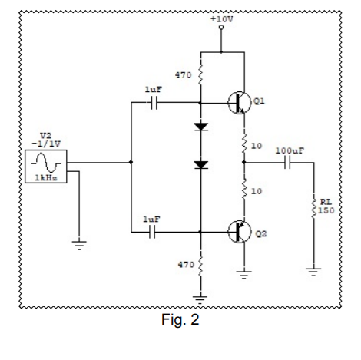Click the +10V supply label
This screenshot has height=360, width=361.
(x=221, y=17)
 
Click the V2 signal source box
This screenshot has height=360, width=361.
(x=45, y=163)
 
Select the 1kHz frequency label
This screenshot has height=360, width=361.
(x=45, y=179)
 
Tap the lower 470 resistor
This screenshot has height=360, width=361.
(x=200, y=265)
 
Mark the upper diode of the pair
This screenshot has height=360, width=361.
(x=200, y=127)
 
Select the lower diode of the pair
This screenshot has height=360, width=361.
(x=200, y=164)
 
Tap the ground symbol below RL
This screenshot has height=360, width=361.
(x=313, y=269)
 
